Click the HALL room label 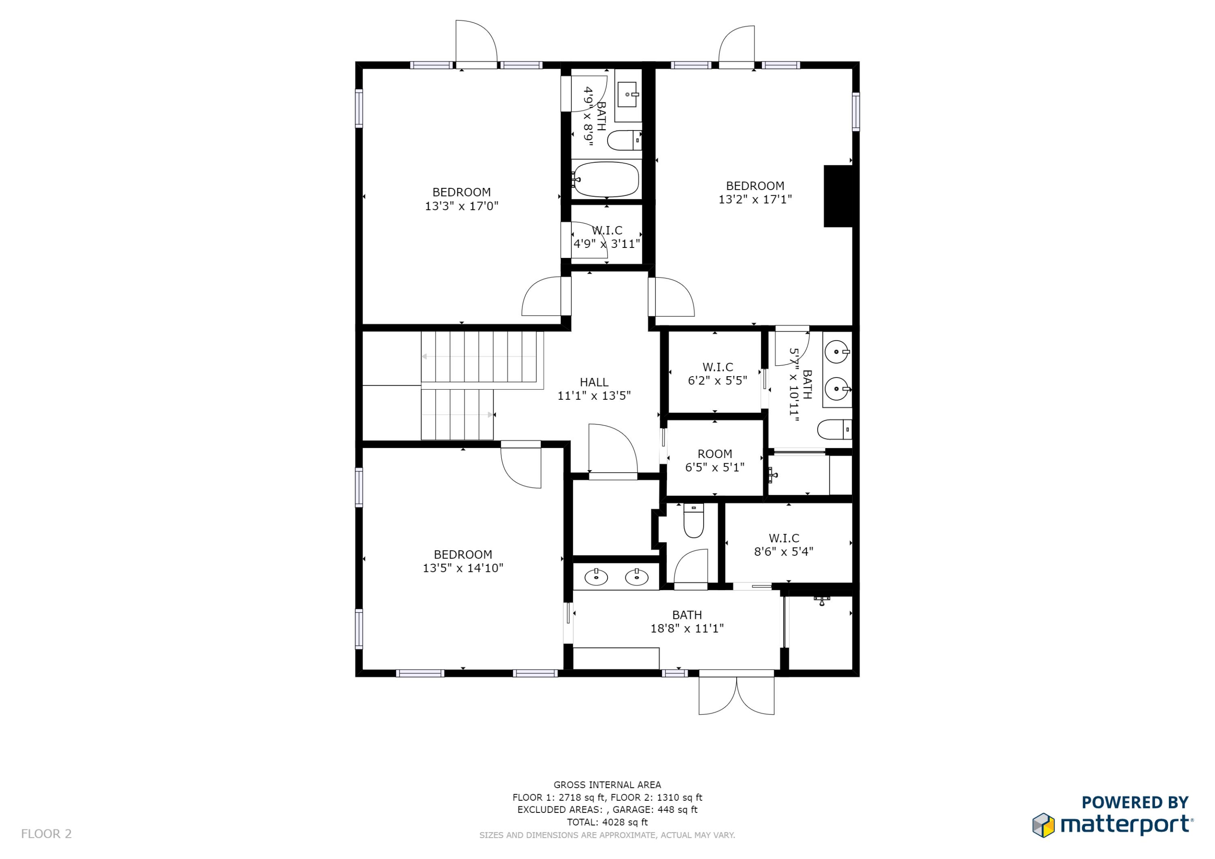[594, 382]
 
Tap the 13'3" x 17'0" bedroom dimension [461, 206]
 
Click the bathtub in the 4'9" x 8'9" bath [606, 179]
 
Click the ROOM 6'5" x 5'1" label [714, 460]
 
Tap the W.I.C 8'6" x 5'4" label [783, 545]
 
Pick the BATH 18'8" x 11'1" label [686, 621]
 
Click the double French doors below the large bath [736, 695]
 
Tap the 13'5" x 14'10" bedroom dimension [463, 568]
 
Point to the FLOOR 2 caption [46, 833]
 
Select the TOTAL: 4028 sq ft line [607, 822]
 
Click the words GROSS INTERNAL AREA [607, 785]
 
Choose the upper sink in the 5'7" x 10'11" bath [837, 352]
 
